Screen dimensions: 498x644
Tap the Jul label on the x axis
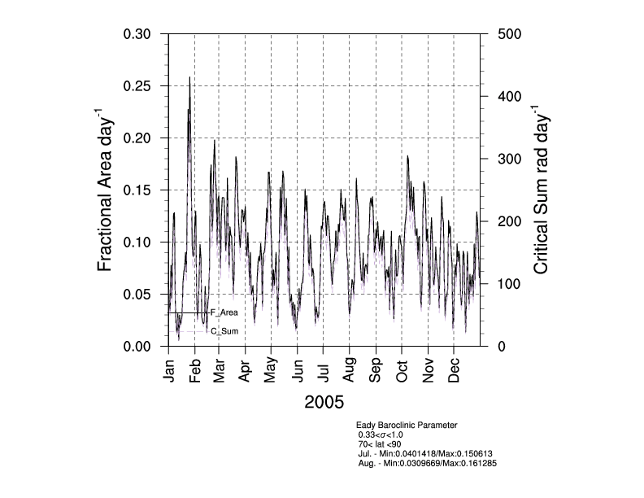[x=324, y=370]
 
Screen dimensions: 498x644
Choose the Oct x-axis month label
[x=402, y=370]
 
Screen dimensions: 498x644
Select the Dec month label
[x=454, y=370]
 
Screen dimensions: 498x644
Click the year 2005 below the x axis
[x=324, y=402]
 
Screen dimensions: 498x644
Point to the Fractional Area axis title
[x=105, y=190]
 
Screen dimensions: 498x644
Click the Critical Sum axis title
[x=541, y=190]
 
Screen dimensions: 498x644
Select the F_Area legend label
[x=224, y=312]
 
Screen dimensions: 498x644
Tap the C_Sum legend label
[x=224, y=331]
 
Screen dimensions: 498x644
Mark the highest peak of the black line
[x=189, y=77]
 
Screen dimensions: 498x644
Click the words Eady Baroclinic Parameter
[x=407, y=426]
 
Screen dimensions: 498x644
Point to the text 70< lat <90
[x=379, y=444]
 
